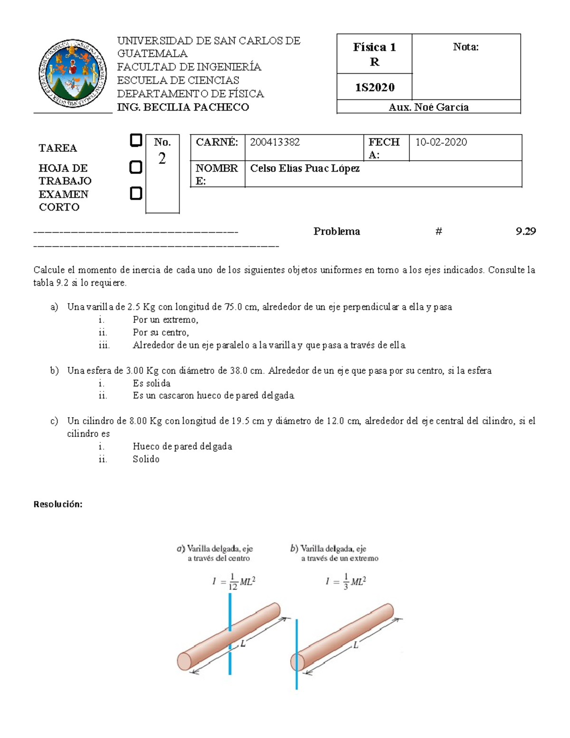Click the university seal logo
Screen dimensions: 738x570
(x=73, y=73)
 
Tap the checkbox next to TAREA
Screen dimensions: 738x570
(x=136, y=141)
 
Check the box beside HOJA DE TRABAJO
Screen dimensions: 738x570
(x=136, y=167)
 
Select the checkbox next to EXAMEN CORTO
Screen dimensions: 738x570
(x=136, y=193)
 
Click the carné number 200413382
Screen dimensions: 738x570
(x=275, y=142)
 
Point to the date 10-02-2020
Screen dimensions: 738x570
(x=441, y=142)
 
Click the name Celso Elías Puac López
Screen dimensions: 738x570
(x=304, y=168)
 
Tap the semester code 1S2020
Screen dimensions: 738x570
(x=374, y=87)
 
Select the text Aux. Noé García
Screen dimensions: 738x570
(x=428, y=107)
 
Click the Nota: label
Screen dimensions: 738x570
(x=465, y=47)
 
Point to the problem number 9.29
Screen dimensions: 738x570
(x=525, y=231)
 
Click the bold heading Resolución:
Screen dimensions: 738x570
(x=58, y=504)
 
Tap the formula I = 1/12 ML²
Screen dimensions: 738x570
(x=234, y=581)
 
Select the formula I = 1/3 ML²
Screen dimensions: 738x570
(x=345, y=581)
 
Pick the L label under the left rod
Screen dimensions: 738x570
(x=243, y=644)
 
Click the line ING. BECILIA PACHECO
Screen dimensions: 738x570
(x=183, y=107)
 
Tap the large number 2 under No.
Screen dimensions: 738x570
(x=162, y=159)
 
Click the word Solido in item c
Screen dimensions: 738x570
(x=146, y=459)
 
